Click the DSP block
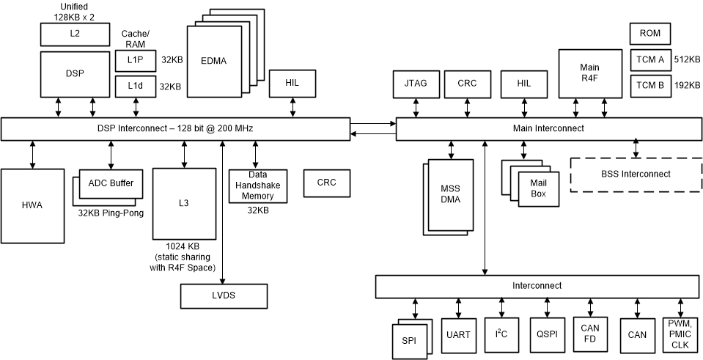click(74, 74)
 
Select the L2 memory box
click(74, 33)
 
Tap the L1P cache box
click(135, 60)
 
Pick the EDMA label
click(213, 61)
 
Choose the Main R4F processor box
click(589, 73)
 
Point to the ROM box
click(649, 34)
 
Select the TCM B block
click(649, 85)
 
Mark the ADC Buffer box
click(111, 183)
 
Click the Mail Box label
click(537, 189)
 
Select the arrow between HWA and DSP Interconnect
click(32, 155)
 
